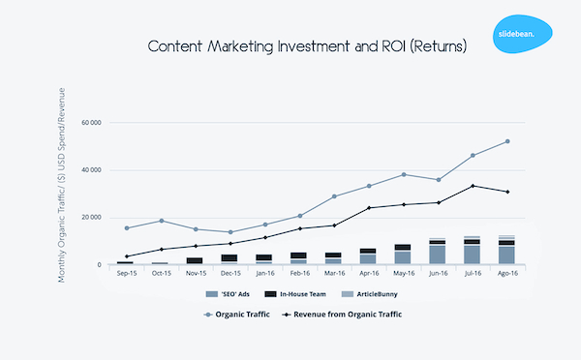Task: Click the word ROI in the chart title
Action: point(358,45)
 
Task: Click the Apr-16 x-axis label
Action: point(368,274)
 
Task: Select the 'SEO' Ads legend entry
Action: point(229,294)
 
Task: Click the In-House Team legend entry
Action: point(298,294)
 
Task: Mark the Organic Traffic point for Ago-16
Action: point(507,141)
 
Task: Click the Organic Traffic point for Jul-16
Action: point(473,155)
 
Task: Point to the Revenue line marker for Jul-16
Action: point(473,186)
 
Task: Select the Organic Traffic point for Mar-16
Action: point(334,196)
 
